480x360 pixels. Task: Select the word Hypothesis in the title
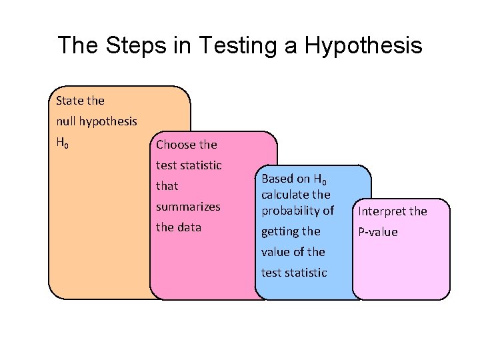pyautogui.click(x=363, y=45)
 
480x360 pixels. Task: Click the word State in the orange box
pyautogui.click(x=70, y=101)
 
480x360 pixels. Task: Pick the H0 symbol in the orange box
pyautogui.click(x=62, y=143)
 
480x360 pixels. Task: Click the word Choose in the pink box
pyautogui.click(x=175, y=145)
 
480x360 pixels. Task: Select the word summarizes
pyautogui.click(x=188, y=207)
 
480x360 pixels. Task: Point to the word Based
pyautogui.click(x=277, y=179)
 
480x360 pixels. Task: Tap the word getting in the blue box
pyautogui.click(x=281, y=231)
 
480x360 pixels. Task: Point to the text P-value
pyautogui.click(x=378, y=232)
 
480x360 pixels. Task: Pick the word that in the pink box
pyautogui.click(x=167, y=186)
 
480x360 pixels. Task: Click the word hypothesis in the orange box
pyautogui.click(x=108, y=121)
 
